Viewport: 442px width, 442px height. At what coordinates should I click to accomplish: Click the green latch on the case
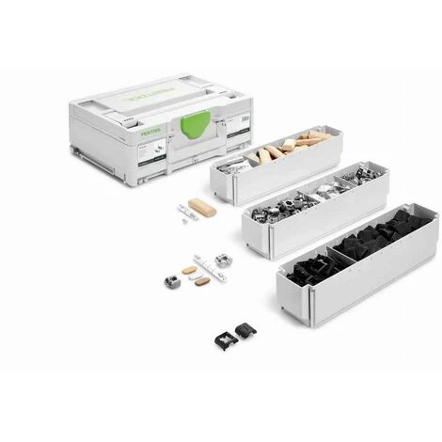(194, 122)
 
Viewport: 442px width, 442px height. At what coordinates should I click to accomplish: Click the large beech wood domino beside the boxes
(201, 207)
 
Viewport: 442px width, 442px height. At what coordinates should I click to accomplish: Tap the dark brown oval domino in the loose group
(202, 280)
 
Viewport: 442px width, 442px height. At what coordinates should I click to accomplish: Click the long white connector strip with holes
(211, 266)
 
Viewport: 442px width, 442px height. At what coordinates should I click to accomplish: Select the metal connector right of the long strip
(223, 260)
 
